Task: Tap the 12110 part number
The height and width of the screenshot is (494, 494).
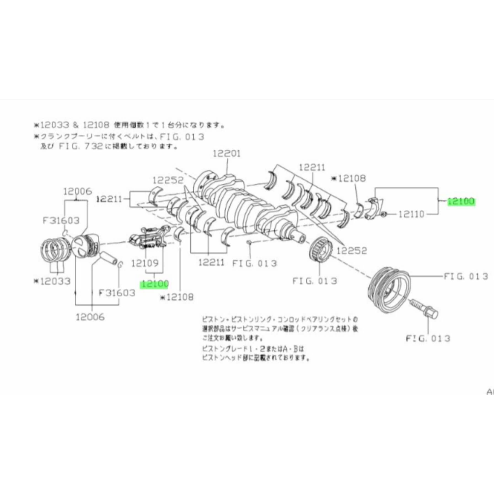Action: tap(412, 214)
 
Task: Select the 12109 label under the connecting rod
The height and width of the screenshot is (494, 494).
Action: tap(145, 263)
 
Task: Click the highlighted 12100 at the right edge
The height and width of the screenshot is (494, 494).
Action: tap(461, 202)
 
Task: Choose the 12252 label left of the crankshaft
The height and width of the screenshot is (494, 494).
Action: tap(168, 180)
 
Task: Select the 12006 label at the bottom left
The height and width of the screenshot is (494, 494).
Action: tap(90, 317)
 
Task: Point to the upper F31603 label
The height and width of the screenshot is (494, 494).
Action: tap(61, 220)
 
